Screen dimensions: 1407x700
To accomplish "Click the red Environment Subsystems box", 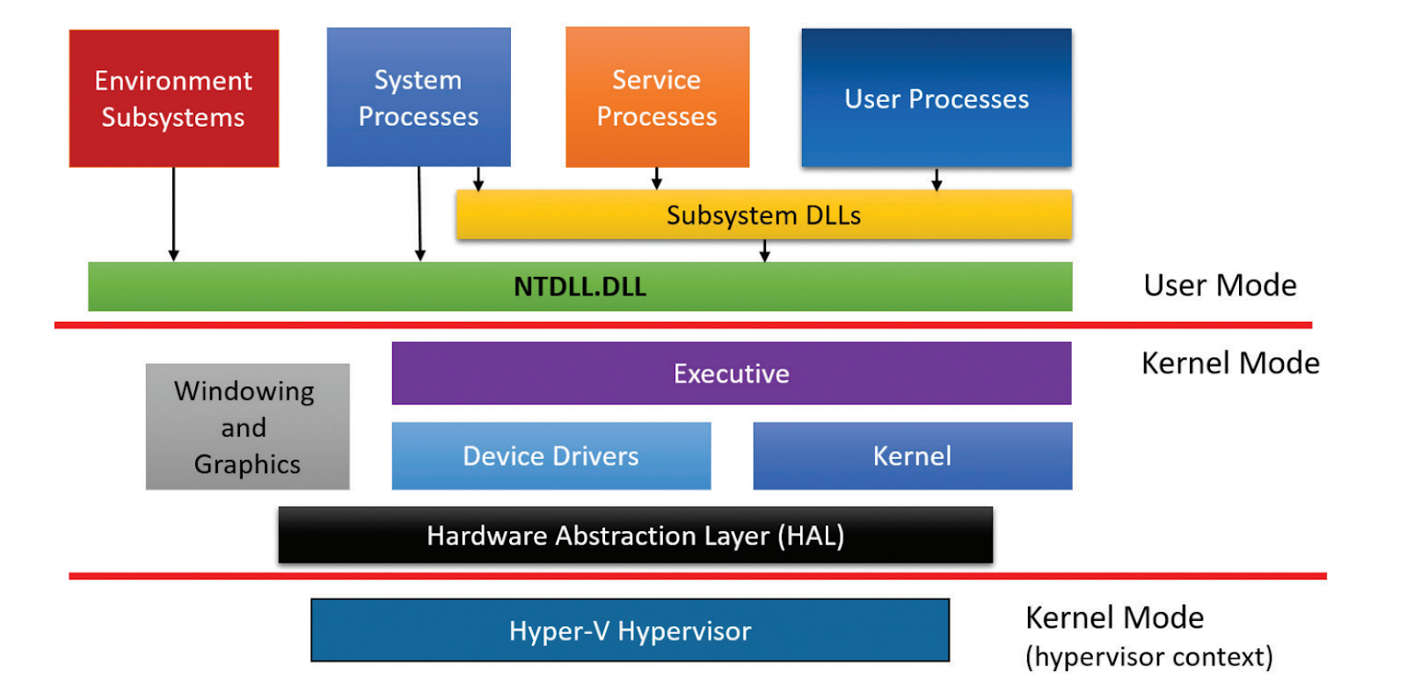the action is [x=174, y=98].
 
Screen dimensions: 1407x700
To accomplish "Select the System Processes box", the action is [x=419, y=97].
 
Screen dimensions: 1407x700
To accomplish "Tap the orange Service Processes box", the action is [x=658, y=97].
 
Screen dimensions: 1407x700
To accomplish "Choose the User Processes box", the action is [x=937, y=98].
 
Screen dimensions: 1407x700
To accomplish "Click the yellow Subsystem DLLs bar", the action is [x=764, y=215].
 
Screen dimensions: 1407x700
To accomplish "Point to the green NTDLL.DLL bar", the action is [x=580, y=287].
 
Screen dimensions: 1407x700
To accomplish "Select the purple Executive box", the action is [x=732, y=373].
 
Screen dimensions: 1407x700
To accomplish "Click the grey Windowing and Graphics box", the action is [x=247, y=427].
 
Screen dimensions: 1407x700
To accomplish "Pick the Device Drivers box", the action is [x=551, y=456].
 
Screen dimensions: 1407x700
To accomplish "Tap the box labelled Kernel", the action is [x=913, y=456].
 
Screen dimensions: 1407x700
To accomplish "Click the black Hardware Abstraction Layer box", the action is [x=636, y=536].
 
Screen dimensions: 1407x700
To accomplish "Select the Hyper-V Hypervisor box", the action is [x=630, y=631].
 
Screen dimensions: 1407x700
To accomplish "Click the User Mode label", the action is [x=1220, y=285].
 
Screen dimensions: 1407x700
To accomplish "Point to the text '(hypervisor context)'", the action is [x=1149, y=657].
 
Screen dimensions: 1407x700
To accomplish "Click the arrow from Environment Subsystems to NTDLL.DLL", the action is [x=174, y=215].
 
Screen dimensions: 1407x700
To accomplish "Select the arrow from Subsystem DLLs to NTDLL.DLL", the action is [x=764, y=251].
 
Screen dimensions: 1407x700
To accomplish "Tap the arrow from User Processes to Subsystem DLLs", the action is [x=937, y=179].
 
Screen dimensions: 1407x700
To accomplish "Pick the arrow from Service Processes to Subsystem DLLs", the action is [x=657, y=179].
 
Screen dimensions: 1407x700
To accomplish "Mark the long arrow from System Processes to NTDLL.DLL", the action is [x=419, y=215].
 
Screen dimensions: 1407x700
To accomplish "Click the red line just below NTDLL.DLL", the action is [x=683, y=324].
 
